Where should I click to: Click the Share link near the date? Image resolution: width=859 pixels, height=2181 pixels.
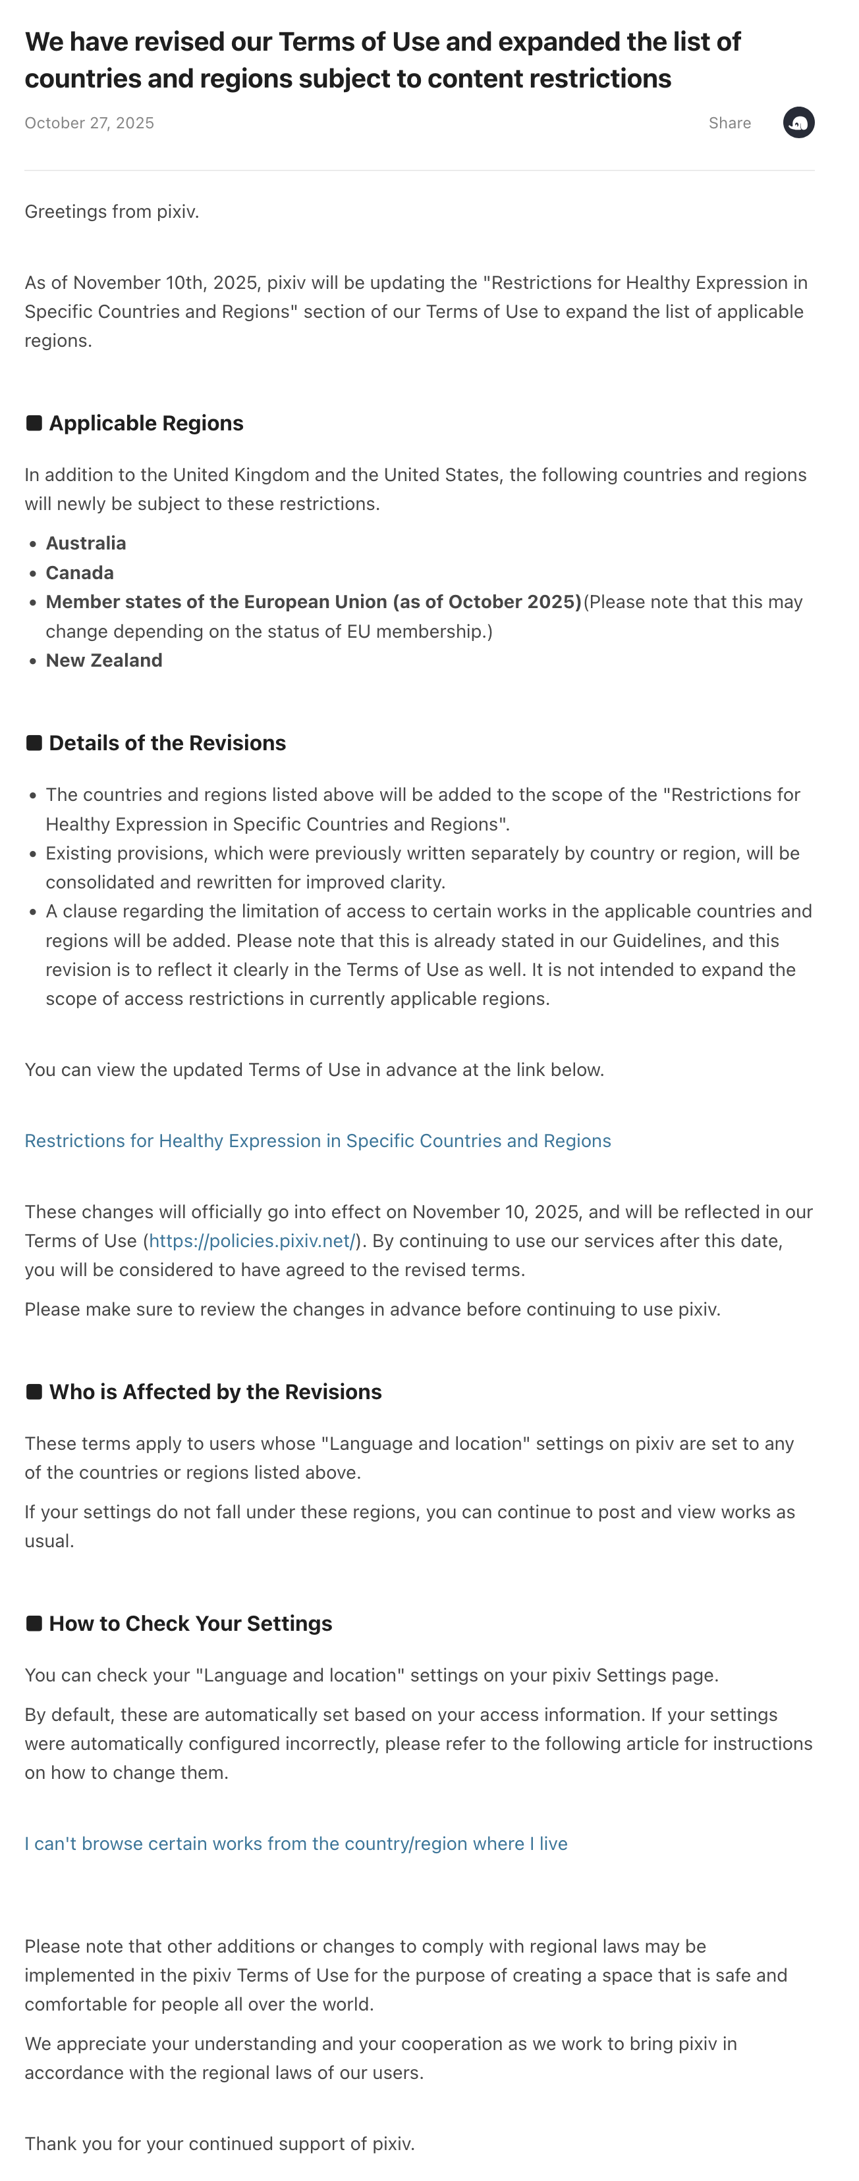point(729,123)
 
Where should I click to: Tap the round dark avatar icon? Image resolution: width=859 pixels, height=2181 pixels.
point(798,123)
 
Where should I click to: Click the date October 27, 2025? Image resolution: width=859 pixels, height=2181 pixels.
point(89,123)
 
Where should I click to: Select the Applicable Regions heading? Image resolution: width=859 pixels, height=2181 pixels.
point(146,423)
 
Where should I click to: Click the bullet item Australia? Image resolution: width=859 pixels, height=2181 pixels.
point(86,544)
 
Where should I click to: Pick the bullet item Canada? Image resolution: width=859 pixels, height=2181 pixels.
point(80,573)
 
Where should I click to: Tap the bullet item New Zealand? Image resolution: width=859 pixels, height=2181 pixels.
point(104,660)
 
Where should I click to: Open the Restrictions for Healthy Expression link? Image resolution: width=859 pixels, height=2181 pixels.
point(318,1141)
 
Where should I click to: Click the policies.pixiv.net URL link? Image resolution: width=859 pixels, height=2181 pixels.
point(252,1241)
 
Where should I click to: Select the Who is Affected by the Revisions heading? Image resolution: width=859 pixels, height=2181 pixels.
point(215,1393)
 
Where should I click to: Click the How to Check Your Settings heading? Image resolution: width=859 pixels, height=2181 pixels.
point(190,1624)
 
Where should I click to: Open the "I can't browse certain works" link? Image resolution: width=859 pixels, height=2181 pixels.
point(296,1844)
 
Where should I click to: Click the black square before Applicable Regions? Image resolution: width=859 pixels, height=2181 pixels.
point(34,423)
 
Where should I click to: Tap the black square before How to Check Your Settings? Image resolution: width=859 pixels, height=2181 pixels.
point(34,1624)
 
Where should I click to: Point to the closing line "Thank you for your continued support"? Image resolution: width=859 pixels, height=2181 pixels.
point(219,2143)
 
